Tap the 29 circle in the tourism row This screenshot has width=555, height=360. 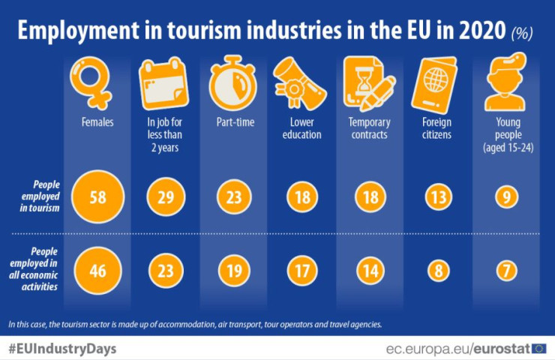pos(162,198)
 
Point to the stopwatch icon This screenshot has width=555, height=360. pos(232,82)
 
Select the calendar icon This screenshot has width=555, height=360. pos(163,82)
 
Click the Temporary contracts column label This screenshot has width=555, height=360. pos(367,129)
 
